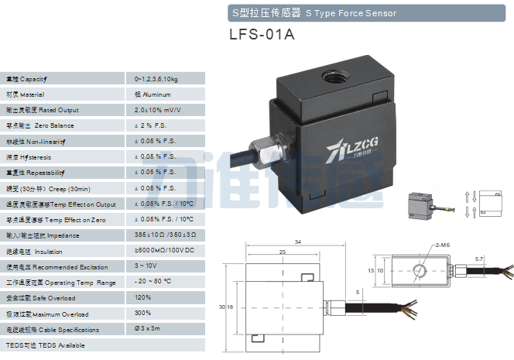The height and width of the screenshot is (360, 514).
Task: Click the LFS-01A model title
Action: click(x=262, y=36)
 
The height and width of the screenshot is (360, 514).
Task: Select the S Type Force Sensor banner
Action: click(x=314, y=13)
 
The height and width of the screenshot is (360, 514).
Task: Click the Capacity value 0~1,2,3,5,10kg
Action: click(x=156, y=79)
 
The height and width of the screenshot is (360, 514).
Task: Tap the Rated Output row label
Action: click(x=43, y=110)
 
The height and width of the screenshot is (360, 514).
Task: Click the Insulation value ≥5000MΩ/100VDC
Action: click(x=163, y=251)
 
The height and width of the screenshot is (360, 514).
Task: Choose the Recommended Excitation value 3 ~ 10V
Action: click(x=146, y=266)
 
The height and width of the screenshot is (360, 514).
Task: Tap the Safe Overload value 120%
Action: click(x=142, y=298)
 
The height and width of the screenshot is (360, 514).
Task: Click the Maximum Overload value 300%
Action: click(x=142, y=314)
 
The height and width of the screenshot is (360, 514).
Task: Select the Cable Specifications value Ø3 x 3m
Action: click(x=148, y=329)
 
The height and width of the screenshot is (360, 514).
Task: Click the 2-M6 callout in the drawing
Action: click(x=442, y=245)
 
